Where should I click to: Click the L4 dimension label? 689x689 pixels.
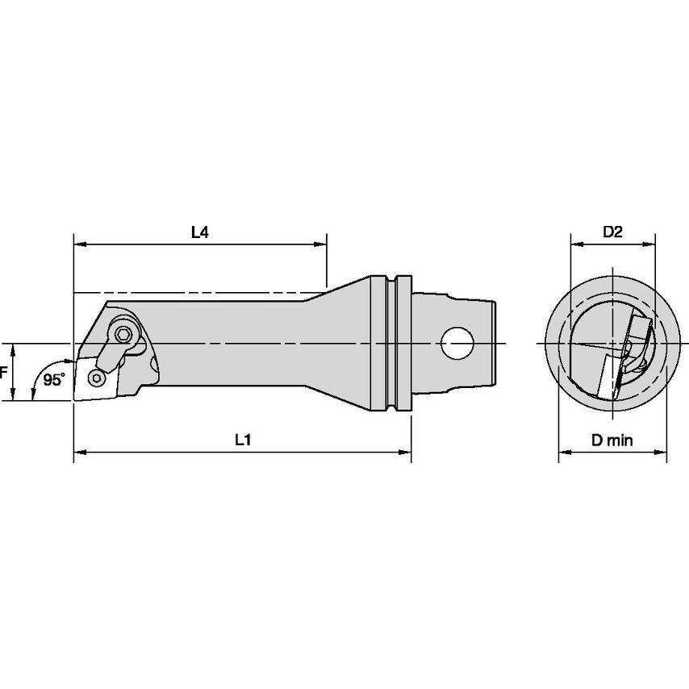(199, 232)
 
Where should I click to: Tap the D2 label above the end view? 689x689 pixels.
(612, 232)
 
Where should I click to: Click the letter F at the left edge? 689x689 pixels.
(4, 373)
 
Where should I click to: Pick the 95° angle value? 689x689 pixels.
(55, 380)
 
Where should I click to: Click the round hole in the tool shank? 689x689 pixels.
(457, 344)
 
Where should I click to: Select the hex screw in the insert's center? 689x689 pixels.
(98, 377)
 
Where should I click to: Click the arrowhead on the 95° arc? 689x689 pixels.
(33, 395)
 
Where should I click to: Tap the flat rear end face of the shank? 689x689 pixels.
(493, 344)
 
